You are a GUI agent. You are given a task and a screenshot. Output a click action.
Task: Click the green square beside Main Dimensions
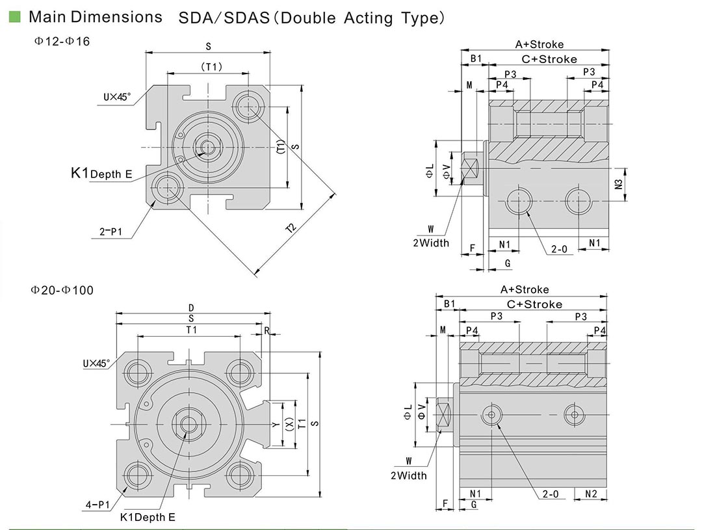pyautogui.click(x=14, y=17)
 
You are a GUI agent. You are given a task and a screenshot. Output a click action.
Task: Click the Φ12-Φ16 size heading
pyautogui.click(x=62, y=42)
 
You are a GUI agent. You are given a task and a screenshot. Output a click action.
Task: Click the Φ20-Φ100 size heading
pyautogui.click(x=63, y=290)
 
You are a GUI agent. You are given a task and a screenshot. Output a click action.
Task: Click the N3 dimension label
pyautogui.click(x=618, y=184)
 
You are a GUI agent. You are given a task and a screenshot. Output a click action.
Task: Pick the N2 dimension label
pyautogui.click(x=591, y=494)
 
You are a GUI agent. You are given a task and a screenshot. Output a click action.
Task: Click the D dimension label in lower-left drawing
pyautogui.click(x=191, y=308)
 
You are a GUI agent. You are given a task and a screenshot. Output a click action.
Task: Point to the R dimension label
pyautogui.click(x=266, y=330)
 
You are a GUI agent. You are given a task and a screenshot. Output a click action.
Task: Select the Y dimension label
pyautogui.click(x=276, y=424)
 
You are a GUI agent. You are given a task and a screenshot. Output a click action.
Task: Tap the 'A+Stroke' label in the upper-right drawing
pyautogui.click(x=539, y=44)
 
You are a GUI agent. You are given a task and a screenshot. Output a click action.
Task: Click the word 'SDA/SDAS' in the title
pyautogui.click(x=224, y=18)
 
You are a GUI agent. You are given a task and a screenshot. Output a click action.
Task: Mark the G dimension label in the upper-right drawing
pyautogui.click(x=508, y=263)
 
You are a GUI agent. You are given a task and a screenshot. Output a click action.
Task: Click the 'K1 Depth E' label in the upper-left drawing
pyautogui.click(x=101, y=174)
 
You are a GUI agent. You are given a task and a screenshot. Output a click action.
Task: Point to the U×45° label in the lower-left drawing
pyautogui.click(x=96, y=363)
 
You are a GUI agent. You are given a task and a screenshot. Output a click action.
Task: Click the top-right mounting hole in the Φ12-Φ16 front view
pyautogui.click(x=248, y=104)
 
